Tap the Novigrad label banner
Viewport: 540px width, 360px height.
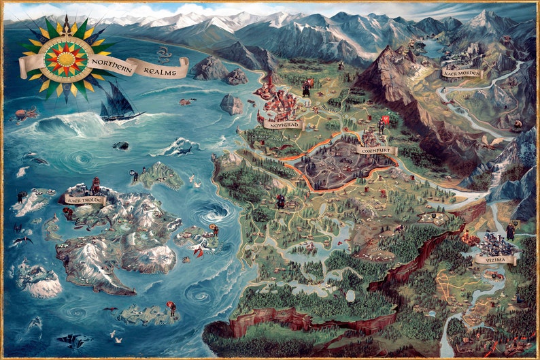pos(282,125)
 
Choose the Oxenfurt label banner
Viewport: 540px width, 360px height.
pos(377,150)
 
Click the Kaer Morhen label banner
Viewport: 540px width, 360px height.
pos(461,73)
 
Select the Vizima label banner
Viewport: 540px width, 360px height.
pos(494,259)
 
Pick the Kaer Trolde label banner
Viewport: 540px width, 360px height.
pos(85,199)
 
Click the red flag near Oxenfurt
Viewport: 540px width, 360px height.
pos(386,120)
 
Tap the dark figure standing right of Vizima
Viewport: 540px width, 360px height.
pos(510,231)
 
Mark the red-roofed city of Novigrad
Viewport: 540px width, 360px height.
pos(279,102)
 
